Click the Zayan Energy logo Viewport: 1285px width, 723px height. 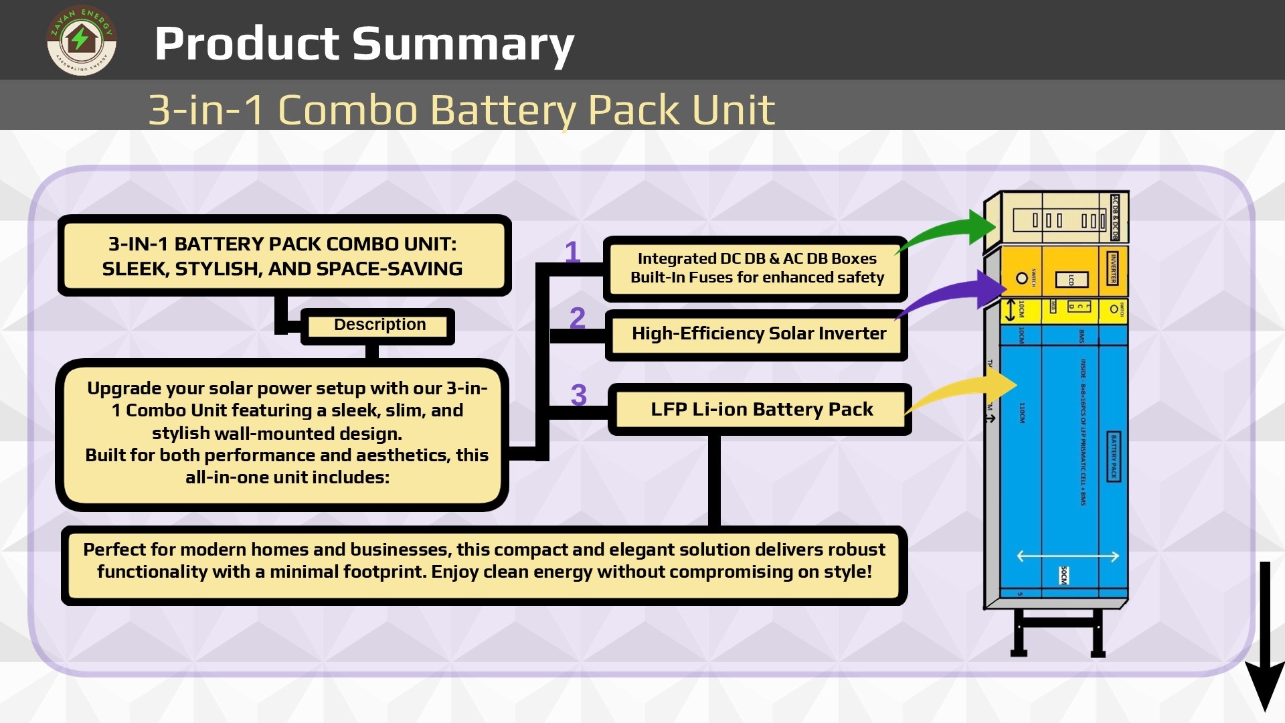(x=81, y=41)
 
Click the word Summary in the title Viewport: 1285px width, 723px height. (x=463, y=44)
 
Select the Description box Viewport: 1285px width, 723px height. (x=379, y=325)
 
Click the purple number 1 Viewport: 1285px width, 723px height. (x=572, y=252)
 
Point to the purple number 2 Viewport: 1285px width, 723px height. (x=577, y=317)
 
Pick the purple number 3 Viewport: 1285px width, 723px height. (x=578, y=395)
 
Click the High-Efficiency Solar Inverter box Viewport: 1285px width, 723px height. (x=758, y=333)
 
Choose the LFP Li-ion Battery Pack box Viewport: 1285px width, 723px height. (x=761, y=409)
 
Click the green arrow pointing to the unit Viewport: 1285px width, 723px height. (x=950, y=231)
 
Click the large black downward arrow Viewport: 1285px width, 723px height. (x=1264, y=636)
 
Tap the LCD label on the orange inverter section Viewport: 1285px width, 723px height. (x=1071, y=279)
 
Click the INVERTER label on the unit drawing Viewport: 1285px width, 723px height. (x=1113, y=268)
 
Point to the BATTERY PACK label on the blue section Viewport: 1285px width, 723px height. (x=1114, y=456)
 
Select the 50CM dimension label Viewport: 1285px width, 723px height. (x=1064, y=574)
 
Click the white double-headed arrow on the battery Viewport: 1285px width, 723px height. (x=1067, y=556)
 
